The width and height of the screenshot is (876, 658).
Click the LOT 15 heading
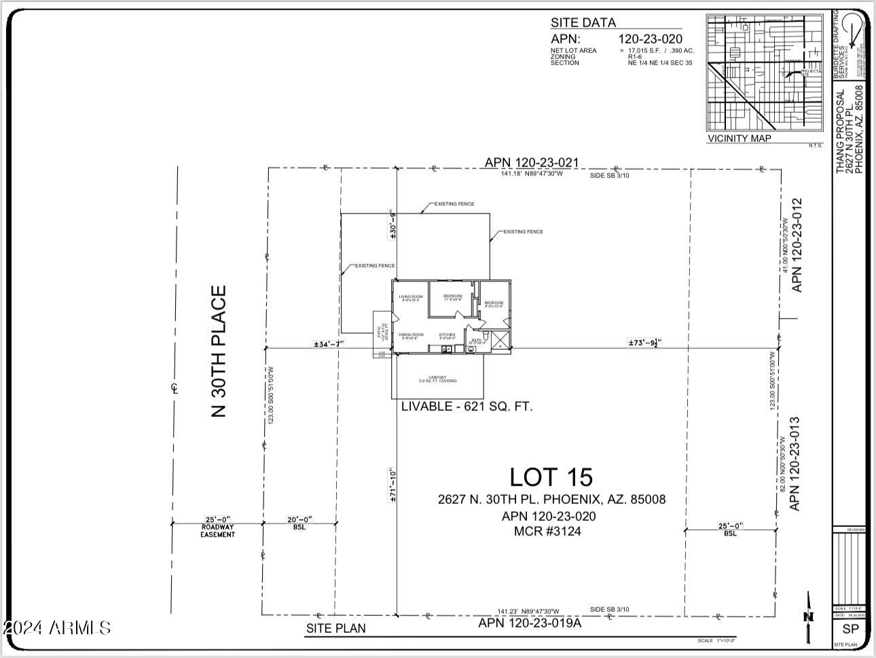pyautogui.click(x=551, y=477)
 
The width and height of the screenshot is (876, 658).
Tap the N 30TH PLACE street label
pyautogui.click(x=219, y=351)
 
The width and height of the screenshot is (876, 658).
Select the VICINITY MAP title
pyautogui.click(x=740, y=139)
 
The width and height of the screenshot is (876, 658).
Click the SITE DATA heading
pyautogui.click(x=583, y=22)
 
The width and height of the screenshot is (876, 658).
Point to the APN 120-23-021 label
pyautogui.click(x=531, y=163)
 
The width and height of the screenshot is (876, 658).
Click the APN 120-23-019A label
pyautogui.click(x=530, y=623)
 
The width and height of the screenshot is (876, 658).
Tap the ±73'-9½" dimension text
pyautogui.click(x=644, y=343)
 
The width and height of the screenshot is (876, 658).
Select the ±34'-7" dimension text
pyautogui.click(x=329, y=344)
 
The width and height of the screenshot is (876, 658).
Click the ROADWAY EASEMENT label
pyautogui.click(x=217, y=531)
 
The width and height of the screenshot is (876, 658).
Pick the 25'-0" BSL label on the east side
pyautogui.click(x=730, y=530)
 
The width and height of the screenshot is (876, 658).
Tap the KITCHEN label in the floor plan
pyautogui.click(x=447, y=335)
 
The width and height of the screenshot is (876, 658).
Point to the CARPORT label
pyautogui.click(x=437, y=379)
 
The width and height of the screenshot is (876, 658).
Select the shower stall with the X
pyautogui.click(x=499, y=340)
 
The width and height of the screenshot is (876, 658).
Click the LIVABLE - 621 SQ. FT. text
pyautogui.click(x=467, y=407)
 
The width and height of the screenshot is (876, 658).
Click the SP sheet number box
pyautogui.click(x=850, y=629)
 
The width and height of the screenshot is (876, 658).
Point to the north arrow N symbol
pyautogui.click(x=808, y=617)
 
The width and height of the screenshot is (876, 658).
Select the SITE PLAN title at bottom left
pyautogui.click(x=335, y=628)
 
